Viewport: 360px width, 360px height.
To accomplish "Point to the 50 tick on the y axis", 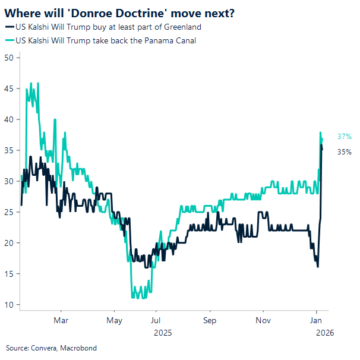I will [x=9, y=58].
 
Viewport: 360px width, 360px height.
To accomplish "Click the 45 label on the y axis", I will [x=9, y=89].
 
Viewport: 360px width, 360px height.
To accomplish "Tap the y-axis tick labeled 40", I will [x=9, y=119].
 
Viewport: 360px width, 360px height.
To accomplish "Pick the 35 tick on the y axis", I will [x=9, y=150].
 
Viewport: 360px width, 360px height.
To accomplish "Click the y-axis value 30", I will [x=9, y=181].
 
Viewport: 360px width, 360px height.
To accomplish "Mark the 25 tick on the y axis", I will [x=9, y=212].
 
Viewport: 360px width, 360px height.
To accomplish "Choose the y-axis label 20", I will [x=9, y=243].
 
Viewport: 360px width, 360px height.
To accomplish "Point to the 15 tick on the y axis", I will [x=9, y=274].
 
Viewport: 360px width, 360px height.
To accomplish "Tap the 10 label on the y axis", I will [x=9, y=305].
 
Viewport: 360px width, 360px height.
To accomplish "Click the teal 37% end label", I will [x=345, y=137].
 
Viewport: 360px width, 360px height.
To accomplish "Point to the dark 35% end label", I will [x=345, y=152].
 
